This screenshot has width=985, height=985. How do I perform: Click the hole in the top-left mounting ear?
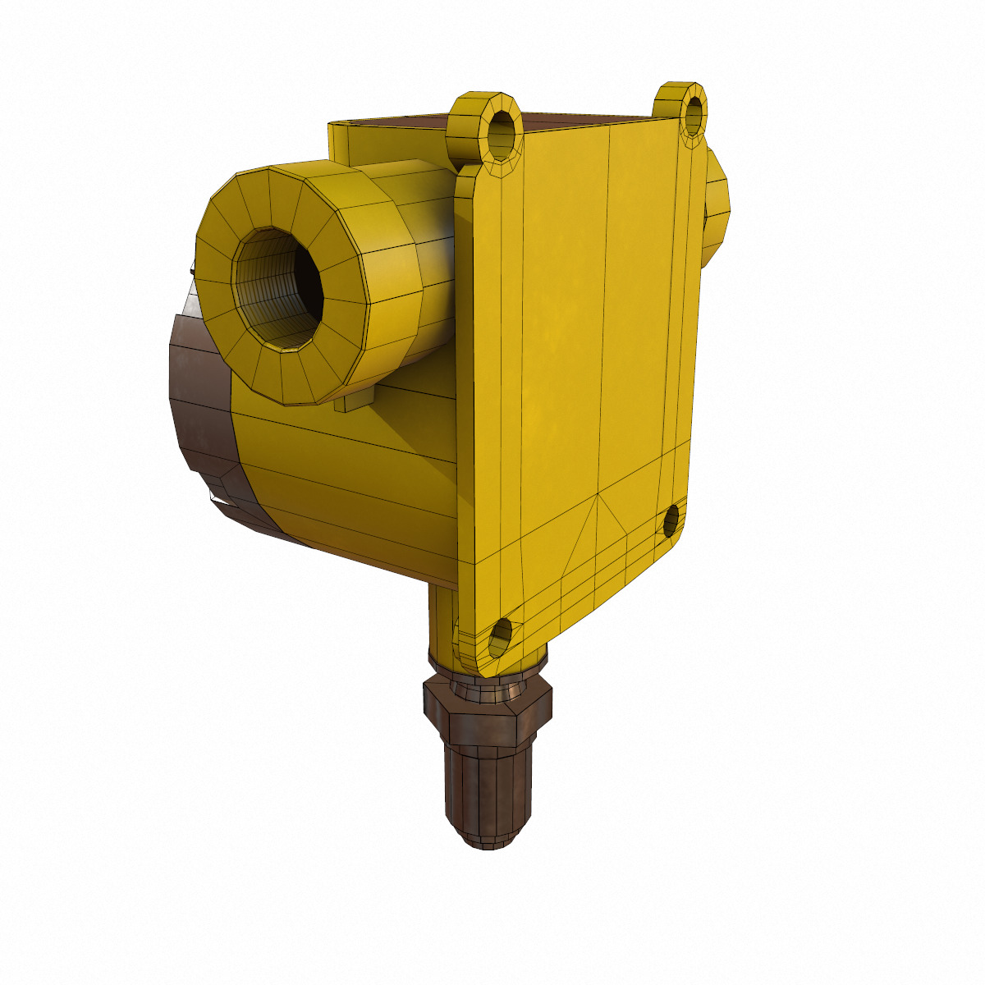coord(502,131)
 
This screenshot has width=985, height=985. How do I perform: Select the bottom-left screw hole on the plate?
coord(500,636)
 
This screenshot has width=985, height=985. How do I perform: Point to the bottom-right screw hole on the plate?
coord(671,520)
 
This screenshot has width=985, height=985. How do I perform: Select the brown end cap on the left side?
coord(201,410)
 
